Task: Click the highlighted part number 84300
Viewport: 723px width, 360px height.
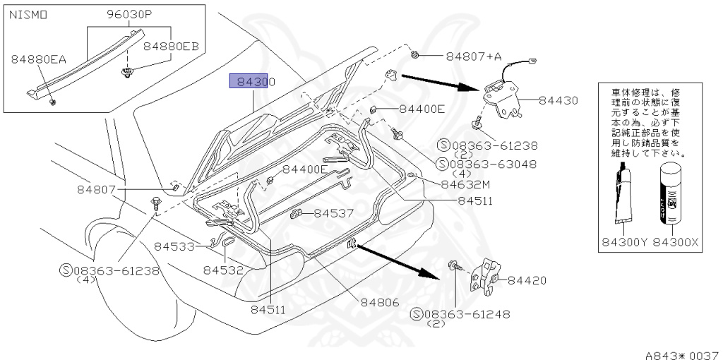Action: [x=251, y=82]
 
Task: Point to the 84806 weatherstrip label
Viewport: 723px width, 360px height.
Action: [x=381, y=302]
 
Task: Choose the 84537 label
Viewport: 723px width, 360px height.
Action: [x=333, y=212]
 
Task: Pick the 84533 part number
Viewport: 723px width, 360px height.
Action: [x=174, y=246]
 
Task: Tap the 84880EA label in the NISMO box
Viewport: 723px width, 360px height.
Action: [x=38, y=60]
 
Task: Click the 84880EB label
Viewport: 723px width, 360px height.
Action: [x=172, y=47]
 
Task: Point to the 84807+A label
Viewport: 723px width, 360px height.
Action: [x=472, y=56]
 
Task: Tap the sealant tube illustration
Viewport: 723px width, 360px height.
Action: [x=625, y=194]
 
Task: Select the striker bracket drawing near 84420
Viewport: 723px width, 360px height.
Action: [x=489, y=278]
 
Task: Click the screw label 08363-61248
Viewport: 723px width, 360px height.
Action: [x=465, y=314]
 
